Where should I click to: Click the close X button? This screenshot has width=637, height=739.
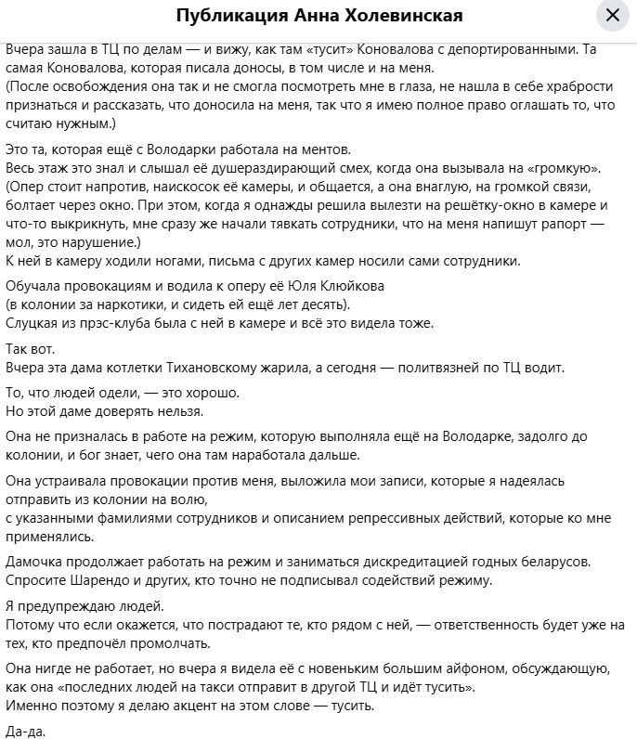[x=612, y=16]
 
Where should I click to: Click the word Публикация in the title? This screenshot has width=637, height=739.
[x=222, y=17]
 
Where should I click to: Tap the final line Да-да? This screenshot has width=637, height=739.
[x=24, y=731]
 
